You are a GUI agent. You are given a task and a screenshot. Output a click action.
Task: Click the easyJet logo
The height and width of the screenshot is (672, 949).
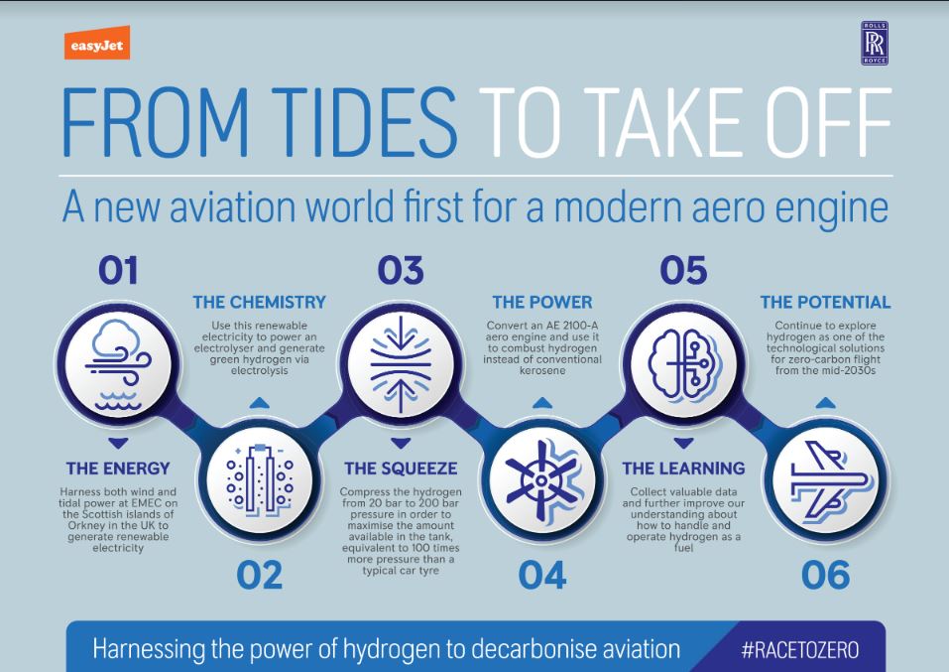[x=96, y=47]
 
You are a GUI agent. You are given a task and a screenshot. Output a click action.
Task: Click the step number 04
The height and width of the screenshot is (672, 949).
[x=542, y=575]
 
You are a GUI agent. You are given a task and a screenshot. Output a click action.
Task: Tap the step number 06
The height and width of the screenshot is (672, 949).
[x=825, y=575]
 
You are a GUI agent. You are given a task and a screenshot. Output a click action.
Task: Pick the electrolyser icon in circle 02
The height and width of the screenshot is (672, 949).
[x=260, y=480]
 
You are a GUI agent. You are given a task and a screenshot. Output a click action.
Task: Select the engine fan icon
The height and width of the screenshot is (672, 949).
[x=541, y=480]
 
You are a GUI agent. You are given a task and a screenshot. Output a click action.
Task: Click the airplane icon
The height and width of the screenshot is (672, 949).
[x=824, y=480]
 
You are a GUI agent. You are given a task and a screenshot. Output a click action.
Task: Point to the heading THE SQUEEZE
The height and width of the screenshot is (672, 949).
[x=400, y=468]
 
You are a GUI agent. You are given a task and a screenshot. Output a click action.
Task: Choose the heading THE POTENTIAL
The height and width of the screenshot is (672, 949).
[x=825, y=302]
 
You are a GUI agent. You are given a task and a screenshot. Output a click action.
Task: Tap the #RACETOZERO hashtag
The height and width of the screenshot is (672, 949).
[x=800, y=650]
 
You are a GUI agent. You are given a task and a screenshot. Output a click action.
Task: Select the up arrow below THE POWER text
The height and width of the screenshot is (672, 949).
[x=541, y=403]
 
